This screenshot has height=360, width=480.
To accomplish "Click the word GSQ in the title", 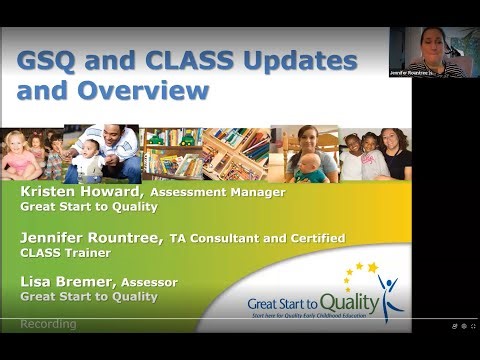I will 46,62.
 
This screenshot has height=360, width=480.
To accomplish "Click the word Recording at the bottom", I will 50,324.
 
